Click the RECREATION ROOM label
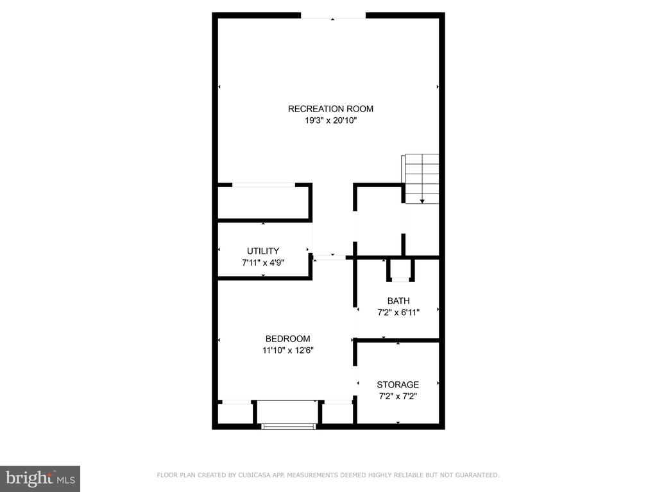click(x=330, y=109)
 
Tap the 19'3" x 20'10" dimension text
click(x=330, y=121)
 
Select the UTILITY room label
click(x=263, y=251)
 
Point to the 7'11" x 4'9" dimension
click(x=263, y=263)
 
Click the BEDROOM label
click(x=288, y=339)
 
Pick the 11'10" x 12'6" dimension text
click(x=288, y=350)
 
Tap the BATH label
click(x=398, y=301)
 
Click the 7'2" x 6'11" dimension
click(x=398, y=313)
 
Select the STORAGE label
click(x=398, y=384)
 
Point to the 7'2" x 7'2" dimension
click(x=398, y=396)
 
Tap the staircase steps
click(x=421, y=179)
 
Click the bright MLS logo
click(x=40, y=479)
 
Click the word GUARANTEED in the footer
click(x=477, y=475)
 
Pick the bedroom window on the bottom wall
click(x=288, y=427)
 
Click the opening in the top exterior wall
click(x=333, y=16)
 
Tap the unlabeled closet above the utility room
click(x=264, y=202)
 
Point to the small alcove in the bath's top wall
click(x=400, y=270)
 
